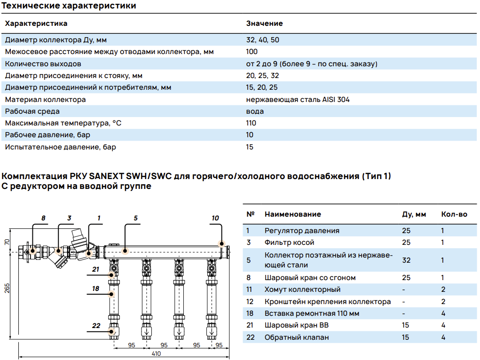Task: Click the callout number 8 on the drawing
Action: click(x=43, y=218)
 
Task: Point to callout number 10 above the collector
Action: click(x=215, y=218)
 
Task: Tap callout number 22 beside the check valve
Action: click(x=96, y=326)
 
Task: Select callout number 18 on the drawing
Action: click(x=96, y=288)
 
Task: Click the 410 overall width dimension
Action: click(x=156, y=353)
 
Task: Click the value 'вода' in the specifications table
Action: click(x=255, y=111)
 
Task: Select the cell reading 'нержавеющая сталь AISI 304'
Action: click(x=298, y=100)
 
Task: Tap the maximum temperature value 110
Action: click(x=251, y=123)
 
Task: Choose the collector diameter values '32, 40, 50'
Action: click(x=262, y=40)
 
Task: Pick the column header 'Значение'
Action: click(x=264, y=23)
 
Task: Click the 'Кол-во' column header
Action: click(x=454, y=214)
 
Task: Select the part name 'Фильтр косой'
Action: click(x=289, y=243)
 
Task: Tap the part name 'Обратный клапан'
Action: click(x=297, y=337)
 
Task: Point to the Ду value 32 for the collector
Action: click(x=406, y=260)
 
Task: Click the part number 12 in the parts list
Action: click(x=249, y=302)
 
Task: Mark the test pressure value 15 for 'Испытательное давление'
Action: click(x=250, y=147)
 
